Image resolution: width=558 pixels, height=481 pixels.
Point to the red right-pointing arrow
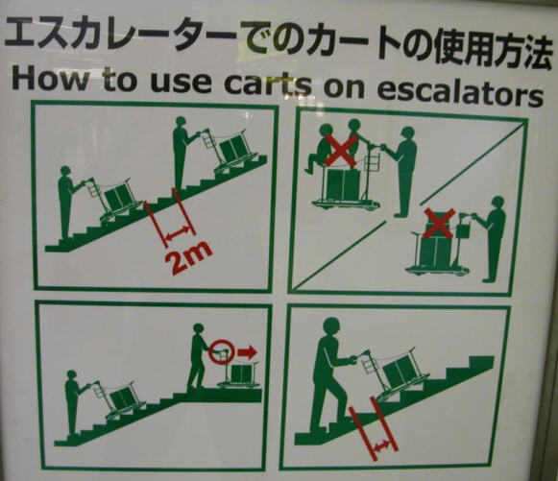[x=247, y=352]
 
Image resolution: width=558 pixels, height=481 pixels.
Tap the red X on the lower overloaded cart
[x=438, y=224]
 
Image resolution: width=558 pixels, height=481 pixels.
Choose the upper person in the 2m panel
[x=180, y=152]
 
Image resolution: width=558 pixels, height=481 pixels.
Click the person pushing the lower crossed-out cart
[x=493, y=235]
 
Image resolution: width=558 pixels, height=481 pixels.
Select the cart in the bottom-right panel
[x=395, y=373]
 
